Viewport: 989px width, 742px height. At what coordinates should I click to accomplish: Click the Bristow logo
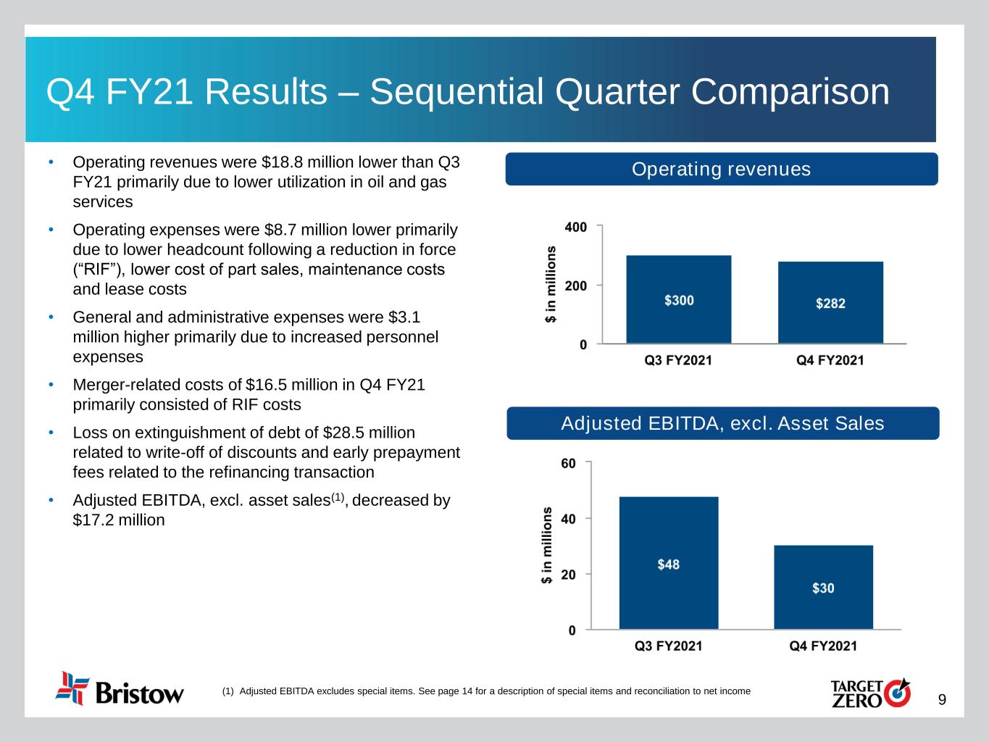120,688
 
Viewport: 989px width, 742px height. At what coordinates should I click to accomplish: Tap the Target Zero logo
869,692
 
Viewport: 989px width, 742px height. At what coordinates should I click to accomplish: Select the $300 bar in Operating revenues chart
679,299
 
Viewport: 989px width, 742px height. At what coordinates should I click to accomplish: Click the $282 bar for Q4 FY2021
830,302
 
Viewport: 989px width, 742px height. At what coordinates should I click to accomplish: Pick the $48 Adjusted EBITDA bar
668,563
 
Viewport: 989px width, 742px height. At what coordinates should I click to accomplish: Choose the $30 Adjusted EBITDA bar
823,587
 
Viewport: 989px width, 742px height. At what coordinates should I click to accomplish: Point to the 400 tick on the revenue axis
575,227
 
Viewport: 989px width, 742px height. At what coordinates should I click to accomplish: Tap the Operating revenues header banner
721,169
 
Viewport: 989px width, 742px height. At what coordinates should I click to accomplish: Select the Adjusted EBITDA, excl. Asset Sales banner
722,423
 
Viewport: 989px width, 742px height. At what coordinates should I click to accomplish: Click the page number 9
942,700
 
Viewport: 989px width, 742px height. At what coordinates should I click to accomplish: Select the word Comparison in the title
790,92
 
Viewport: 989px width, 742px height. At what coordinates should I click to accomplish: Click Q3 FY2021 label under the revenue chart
678,360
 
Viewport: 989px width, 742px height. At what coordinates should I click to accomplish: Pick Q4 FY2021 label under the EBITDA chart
822,646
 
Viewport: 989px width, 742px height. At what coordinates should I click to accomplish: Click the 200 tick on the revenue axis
575,285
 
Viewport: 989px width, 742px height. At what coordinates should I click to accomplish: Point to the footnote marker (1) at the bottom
228,691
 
